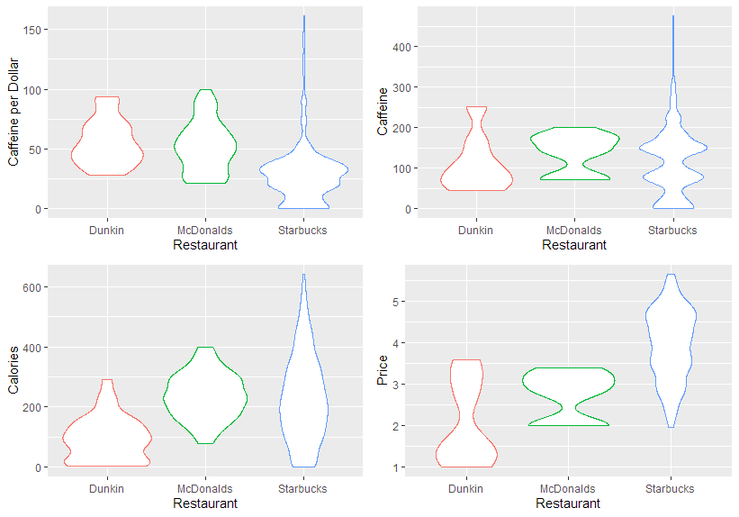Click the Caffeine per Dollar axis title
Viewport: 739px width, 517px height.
(x=14, y=111)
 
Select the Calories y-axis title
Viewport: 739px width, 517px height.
(x=14, y=372)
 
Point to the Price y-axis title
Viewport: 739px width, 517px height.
(x=383, y=370)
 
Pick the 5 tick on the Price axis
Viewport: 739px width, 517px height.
(x=408, y=302)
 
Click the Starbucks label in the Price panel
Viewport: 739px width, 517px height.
(x=670, y=489)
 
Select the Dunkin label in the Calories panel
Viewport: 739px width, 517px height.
(x=106, y=489)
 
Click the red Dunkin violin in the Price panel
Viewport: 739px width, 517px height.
(x=467, y=432)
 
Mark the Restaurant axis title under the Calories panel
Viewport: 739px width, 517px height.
(x=205, y=503)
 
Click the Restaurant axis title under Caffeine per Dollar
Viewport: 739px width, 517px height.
(x=205, y=245)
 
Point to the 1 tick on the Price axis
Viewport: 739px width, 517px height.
(x=408, y=467)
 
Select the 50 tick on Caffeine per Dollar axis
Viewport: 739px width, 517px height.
(x=40, y=150)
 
